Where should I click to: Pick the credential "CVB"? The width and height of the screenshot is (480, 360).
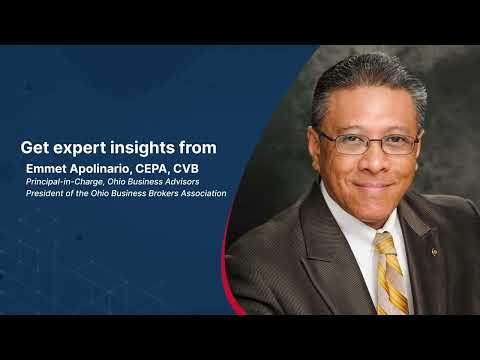(186, 169)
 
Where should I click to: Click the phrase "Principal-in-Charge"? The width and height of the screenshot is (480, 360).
(65, 182)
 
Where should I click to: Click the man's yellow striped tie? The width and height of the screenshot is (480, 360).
(391, 273)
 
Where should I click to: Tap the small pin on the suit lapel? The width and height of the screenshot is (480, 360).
(434, 252)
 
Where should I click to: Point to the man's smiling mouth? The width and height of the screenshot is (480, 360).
(373, 184)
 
